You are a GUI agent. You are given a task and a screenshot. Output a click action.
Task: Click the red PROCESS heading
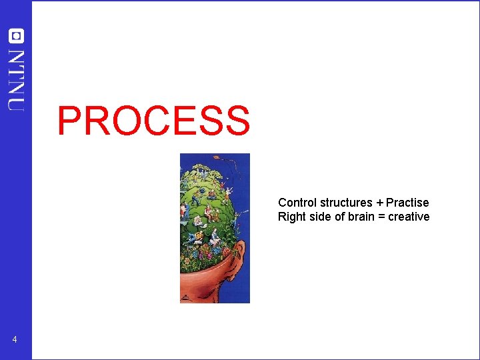[153, 121]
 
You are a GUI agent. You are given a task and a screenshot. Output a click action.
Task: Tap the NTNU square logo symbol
[16, 37]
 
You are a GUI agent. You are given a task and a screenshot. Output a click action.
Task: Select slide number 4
[15, 341]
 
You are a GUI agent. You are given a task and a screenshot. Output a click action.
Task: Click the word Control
[297, 203]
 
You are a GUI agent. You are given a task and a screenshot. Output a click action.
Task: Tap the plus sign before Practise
[380, 203]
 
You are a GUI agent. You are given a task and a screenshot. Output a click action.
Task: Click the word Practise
[407, 203]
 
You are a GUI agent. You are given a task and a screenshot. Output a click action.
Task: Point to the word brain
[361, 217]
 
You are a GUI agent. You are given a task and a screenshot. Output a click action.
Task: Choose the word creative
[409, 217]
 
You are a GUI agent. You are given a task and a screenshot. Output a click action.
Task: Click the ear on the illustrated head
[238, 269]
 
